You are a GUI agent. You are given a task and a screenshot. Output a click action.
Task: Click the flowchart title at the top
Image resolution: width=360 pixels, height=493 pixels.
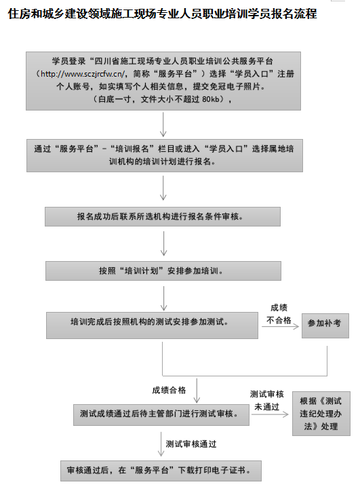(x=162, y=14)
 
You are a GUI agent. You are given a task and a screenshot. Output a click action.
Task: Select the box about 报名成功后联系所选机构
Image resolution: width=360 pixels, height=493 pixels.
(x=163, y=216)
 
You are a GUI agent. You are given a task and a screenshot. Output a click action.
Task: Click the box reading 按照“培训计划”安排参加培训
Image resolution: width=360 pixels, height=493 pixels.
(x=163, y=271)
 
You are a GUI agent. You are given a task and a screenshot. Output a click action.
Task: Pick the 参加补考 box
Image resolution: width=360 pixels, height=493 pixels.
(x=325, y=326)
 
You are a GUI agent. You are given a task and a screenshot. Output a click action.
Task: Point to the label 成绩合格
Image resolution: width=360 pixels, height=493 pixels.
(x=169, y=390)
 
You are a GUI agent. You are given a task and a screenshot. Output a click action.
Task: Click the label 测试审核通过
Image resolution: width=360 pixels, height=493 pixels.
(x=191, y=444)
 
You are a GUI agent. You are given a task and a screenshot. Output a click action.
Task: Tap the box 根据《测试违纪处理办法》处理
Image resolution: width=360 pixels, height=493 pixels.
(x=321, y=414)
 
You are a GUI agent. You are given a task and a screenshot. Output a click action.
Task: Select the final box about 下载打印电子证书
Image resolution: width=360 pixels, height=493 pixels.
(x=161, y=471)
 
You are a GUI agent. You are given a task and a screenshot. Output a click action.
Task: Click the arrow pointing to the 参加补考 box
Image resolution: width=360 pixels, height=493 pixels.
(x=280, y=327)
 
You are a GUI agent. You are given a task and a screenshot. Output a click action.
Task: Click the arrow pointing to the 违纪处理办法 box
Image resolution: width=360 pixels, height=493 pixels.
(x=270, y=414)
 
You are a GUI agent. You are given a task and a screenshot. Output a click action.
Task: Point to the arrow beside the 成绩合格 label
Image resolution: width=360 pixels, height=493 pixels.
(x=197, y=391)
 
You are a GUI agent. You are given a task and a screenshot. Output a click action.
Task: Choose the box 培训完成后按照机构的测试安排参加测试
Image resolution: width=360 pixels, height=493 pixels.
(x=152, y=326)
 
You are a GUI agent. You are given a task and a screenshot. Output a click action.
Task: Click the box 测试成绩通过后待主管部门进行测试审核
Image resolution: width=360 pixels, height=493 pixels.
(x=161, y=415)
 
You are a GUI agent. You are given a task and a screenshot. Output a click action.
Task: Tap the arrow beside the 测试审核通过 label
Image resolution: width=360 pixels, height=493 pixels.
(x=161, y=444)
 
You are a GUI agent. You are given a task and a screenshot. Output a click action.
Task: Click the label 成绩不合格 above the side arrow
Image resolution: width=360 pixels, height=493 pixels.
(x=279, y=314)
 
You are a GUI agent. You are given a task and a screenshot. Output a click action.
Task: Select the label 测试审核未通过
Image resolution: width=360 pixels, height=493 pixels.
(x=267, y=400)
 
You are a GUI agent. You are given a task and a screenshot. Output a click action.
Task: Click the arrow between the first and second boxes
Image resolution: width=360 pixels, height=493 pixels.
(x=163, y=125)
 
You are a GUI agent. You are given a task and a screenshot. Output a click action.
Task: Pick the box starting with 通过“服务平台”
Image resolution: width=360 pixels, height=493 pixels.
(x=165, y=156)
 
